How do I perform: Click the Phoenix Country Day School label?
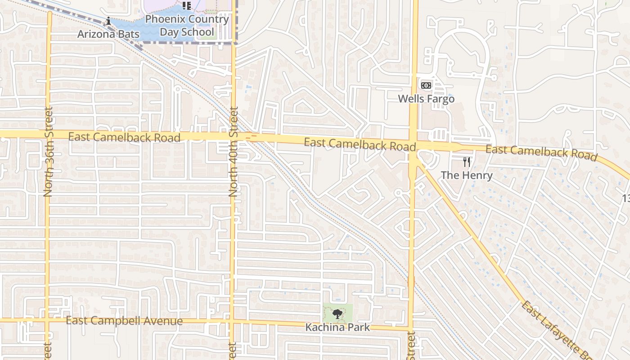187,26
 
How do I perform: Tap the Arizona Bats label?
108,34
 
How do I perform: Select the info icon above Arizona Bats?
108,21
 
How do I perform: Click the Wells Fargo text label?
426,99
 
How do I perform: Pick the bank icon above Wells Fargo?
426,85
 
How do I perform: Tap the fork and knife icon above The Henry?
467,162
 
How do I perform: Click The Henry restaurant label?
467,175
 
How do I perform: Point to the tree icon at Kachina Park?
337,314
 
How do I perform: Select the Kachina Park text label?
337,327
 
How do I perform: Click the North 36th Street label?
49,151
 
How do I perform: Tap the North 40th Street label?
233,152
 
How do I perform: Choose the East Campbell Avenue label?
124,321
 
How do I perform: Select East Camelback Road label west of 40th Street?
124,137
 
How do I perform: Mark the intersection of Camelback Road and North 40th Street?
233,135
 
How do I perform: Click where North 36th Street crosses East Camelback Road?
48,134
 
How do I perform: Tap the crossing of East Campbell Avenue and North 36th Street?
47,320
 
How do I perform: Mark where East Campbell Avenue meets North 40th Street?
233,321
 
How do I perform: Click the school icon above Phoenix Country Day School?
187,6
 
